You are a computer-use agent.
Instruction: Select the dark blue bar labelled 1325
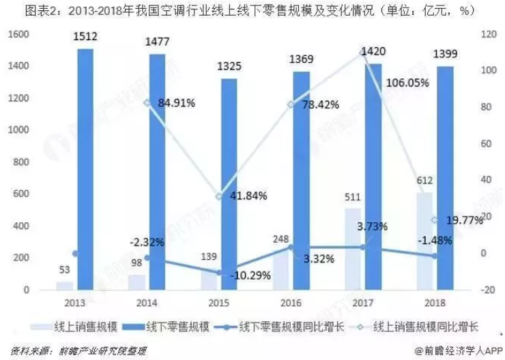click(229, 184)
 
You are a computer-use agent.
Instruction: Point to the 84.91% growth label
click(176, 104)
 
